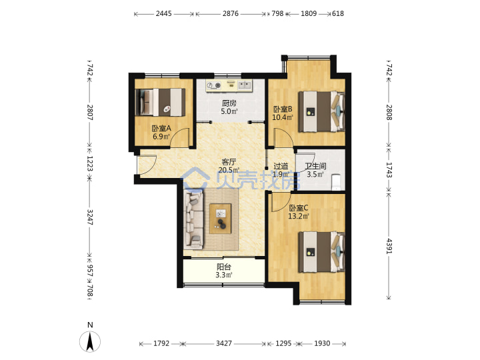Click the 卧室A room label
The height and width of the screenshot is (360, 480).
161,129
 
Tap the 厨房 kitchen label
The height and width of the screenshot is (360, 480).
229,103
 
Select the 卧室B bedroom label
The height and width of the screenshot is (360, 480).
283,109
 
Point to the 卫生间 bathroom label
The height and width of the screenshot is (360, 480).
315,166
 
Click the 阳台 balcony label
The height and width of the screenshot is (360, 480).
224,267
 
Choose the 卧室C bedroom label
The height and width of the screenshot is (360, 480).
299,208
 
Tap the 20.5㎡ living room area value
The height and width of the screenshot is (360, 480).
229,170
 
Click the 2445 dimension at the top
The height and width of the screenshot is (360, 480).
164,13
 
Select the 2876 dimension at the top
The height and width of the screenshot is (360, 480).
231,13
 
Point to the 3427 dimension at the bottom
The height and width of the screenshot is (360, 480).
224,343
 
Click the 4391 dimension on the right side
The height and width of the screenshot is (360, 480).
389,246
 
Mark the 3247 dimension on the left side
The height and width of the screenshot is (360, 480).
90,217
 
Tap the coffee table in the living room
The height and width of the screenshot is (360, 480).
221,219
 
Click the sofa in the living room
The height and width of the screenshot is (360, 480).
194,219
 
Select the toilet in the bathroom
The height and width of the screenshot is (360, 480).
336,182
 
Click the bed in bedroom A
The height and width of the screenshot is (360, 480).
160,102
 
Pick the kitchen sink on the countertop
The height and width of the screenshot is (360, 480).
245,85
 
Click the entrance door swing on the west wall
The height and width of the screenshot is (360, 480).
147,165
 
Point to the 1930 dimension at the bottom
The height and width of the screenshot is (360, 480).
322,343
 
